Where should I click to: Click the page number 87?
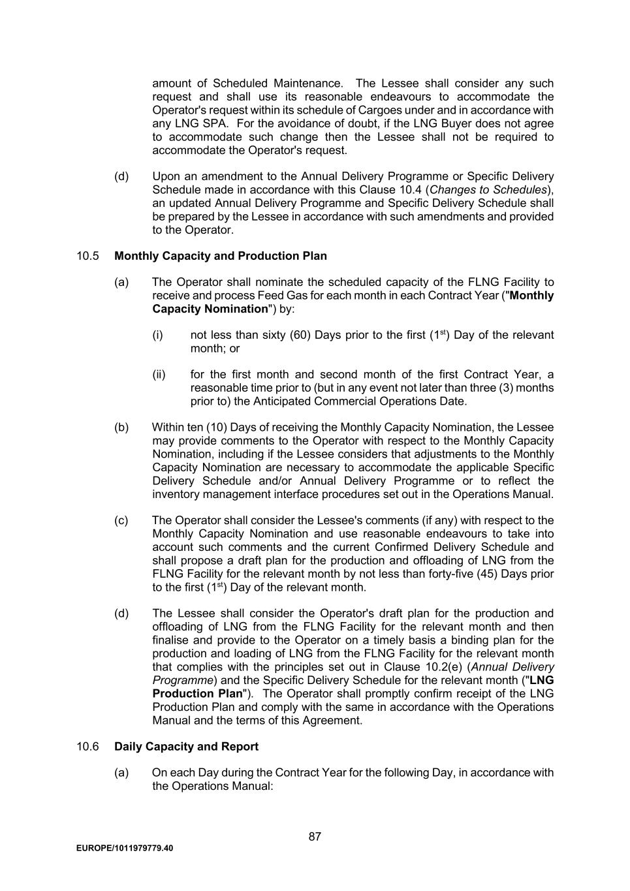click(315, 837)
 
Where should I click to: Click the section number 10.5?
click(87, 256)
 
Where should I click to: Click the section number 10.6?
click(87, 747)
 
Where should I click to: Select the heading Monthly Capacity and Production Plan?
click(221, 256)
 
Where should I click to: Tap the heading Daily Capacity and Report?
click(186, 747)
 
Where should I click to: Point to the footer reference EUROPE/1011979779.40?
click(125, 849)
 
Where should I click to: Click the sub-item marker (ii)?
click(159, 375)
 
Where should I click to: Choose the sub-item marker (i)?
click(157, 336)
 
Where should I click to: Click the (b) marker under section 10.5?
click(121, 428)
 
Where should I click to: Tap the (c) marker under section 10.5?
click(121, 521)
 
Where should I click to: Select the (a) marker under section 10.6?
click(121, 773)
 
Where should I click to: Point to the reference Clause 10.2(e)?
click(426, 667)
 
